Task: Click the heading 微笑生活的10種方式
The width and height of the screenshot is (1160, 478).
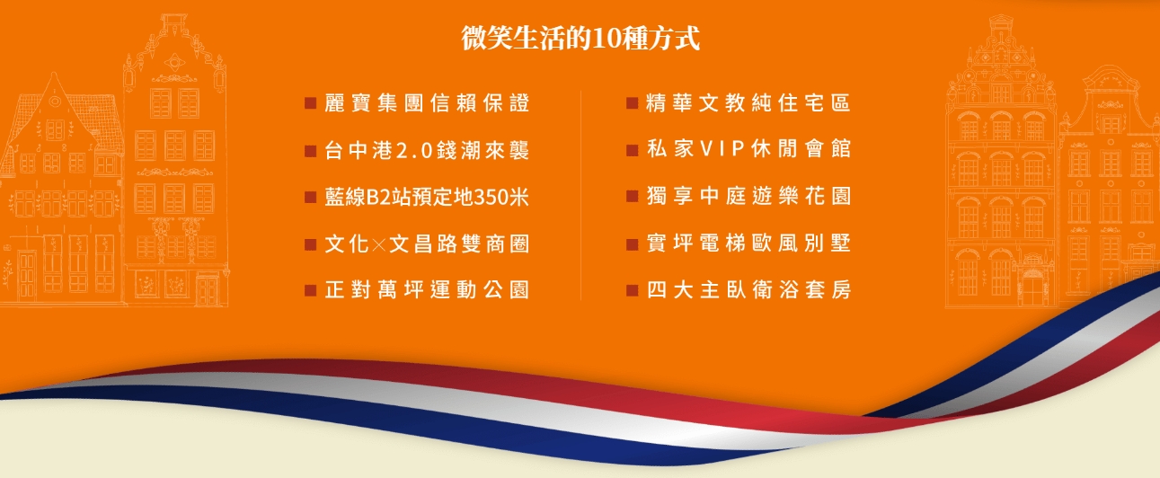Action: click(580, 39)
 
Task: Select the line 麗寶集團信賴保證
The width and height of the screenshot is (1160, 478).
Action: click(427, 103)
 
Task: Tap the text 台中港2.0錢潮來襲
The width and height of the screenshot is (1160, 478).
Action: click(427, 150)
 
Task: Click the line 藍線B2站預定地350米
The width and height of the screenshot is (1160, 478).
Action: click(427, 197)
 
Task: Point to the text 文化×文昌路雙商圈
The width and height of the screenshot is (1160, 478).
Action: click(427, 243)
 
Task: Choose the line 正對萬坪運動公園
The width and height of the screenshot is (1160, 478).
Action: click(427, 289)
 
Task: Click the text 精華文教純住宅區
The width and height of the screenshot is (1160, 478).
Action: click(748, 103)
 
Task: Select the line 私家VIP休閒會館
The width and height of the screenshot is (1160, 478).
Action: click(748, 149)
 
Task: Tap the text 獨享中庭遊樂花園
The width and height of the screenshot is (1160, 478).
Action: click(748, 196)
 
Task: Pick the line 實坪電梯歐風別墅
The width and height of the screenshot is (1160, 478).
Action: click(748, 243)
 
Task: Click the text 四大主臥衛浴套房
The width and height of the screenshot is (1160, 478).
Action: click(748, 289)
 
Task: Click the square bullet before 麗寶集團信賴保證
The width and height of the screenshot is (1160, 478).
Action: click(310, 103)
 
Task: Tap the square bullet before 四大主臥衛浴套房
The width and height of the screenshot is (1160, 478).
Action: click(632, 290)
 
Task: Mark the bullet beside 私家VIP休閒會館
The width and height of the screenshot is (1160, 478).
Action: click(632, 150)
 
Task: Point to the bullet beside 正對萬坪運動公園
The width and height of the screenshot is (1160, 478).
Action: click(310, 290)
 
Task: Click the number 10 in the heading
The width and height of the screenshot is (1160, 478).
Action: click(605, 39)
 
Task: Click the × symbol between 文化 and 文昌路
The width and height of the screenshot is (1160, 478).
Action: click(379, 244)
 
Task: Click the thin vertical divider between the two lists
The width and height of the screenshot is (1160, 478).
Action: click(580, 195)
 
